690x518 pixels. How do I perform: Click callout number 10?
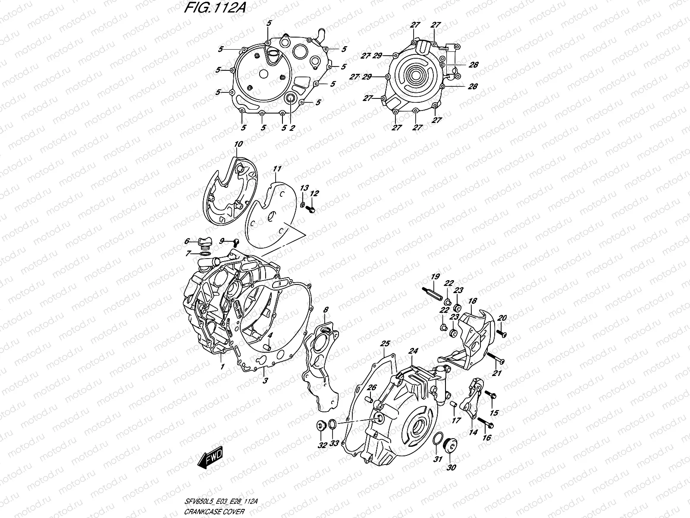click(238, 144)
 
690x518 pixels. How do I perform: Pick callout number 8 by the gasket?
click(326, 310)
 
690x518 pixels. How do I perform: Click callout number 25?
click(385, 344)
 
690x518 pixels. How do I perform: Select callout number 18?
click(472, 300)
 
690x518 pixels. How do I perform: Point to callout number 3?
click(266, 381)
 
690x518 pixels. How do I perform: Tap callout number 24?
click(414, 351)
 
